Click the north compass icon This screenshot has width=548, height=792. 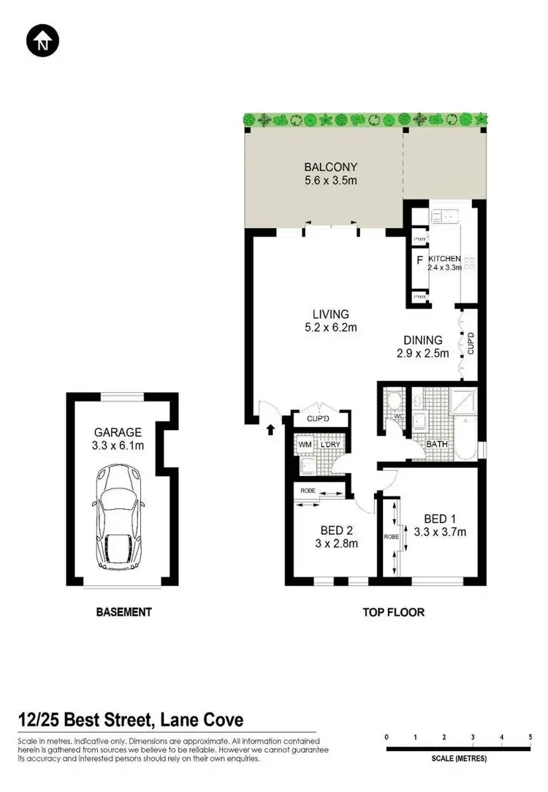tap(42, 42)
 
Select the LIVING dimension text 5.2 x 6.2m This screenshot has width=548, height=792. tap(330, 328)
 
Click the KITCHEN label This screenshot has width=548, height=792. tap(444, 259)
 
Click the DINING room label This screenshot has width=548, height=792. tap(423, 340)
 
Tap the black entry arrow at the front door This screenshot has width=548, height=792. tap(270, 429)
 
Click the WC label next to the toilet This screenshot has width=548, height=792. tap(398, 417)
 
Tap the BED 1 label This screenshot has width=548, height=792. tap(439, 519)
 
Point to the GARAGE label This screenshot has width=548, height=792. tap(117, 432)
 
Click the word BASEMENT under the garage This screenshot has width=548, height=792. tap(123, 612)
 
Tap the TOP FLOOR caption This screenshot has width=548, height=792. tap(394, 612)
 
